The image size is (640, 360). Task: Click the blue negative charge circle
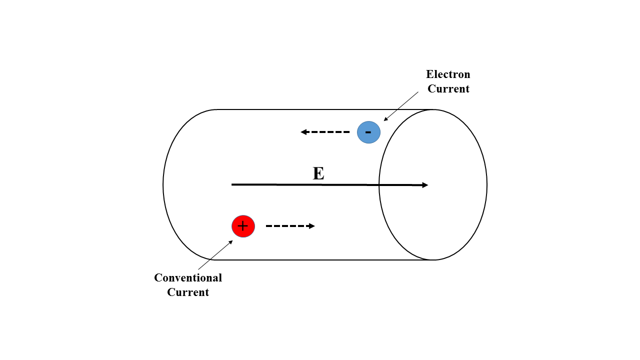tap(368, 132)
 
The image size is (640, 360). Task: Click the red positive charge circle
tap(243, 226)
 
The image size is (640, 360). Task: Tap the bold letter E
tap(318, 173)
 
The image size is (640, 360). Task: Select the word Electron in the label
tap(448, 74)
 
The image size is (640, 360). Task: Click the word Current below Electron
tap(448, 89)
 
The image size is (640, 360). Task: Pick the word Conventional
tap(188, 277)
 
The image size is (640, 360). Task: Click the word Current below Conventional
tap(188, 292)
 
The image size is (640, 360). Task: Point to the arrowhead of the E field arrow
tap(425, 185)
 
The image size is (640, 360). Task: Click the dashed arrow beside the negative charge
tap(325, 132)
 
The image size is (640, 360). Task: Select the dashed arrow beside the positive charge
tap(290, 226)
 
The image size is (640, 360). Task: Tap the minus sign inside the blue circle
tap(368, 132)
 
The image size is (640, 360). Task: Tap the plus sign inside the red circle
tap(242, 226)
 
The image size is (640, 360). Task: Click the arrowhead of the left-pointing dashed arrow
tap(303, 132)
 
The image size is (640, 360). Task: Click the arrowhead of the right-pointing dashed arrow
tap(312, 226)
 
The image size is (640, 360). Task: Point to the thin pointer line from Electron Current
tap(401, 106)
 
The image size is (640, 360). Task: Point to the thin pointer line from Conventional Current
tap(215, 255)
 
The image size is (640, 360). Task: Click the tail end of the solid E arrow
tap(233, 184)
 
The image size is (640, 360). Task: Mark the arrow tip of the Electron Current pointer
tap(384, 120)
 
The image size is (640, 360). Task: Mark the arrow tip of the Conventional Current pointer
tap(231, 241)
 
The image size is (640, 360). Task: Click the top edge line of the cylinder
tap(320, 109)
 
